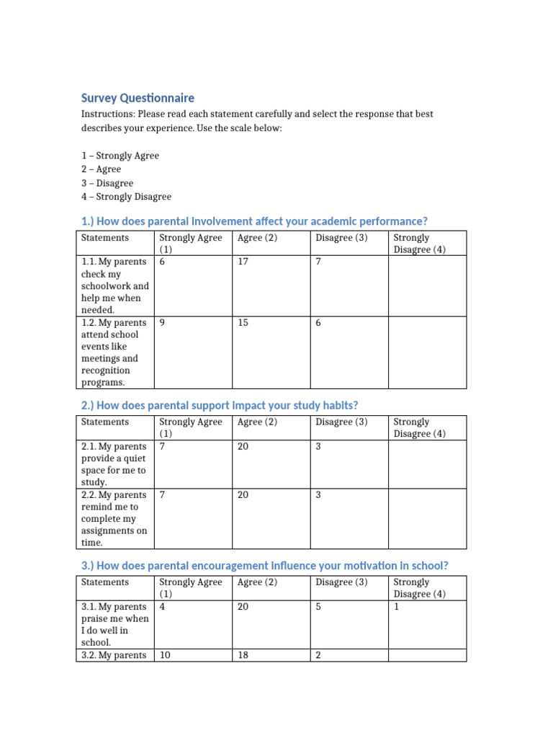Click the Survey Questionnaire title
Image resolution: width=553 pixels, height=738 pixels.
point(138,98)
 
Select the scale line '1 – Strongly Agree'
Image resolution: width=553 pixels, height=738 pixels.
point(120,156)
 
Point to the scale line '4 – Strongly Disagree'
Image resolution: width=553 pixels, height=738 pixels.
point(126,197)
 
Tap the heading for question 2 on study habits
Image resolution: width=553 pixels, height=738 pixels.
point(220,405)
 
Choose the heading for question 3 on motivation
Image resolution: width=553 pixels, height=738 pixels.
point(264,566)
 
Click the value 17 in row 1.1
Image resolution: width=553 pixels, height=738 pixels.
point(243,262)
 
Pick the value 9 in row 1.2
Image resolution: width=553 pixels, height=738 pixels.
point(162,323)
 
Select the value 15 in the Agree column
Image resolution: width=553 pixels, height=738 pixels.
point(243,323)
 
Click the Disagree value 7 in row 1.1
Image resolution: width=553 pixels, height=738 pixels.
point(318,262)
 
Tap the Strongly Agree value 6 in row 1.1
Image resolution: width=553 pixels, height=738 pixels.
point(162,262)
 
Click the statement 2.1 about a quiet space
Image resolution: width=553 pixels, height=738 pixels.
point(114,464)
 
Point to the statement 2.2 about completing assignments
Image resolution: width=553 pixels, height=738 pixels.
point(114,518)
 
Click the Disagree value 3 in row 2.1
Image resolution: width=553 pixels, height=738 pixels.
point(318,447)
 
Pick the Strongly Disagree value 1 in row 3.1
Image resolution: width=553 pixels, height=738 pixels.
point(396,607)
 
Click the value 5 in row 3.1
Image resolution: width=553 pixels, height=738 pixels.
point(318,607)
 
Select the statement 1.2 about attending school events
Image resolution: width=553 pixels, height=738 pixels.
point(114,352)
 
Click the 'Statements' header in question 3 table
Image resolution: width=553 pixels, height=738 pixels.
point(105,582)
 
